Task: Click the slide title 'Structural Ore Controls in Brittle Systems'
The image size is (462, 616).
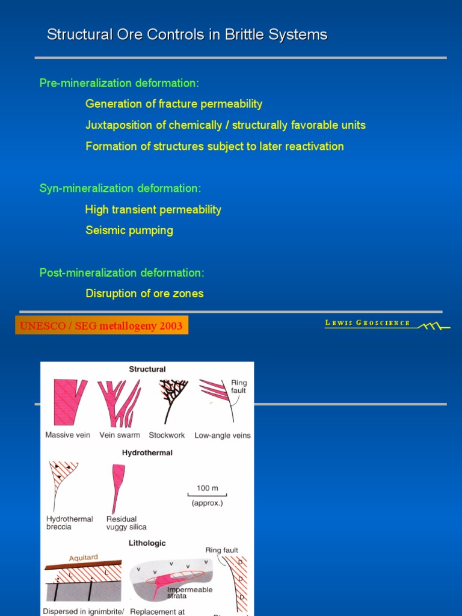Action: point(187,35)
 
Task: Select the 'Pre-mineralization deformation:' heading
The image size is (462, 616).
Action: point(119,83)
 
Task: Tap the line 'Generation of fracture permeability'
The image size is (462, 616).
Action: point(174,104)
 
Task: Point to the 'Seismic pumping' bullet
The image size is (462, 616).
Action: point(129,230)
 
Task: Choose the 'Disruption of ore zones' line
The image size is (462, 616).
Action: point(144,294)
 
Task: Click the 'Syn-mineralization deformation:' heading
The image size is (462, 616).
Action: point(120,188)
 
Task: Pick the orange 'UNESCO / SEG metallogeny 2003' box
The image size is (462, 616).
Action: point(102,325)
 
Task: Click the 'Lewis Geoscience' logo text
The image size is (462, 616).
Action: point(368,323)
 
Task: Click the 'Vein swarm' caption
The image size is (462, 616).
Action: point(119,435)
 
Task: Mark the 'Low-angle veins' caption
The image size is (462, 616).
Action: point(223,436)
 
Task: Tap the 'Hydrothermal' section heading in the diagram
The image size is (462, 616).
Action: point(147,453)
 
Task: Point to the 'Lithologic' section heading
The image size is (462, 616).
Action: point(147,543)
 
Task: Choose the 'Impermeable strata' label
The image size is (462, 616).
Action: point(189,593)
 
